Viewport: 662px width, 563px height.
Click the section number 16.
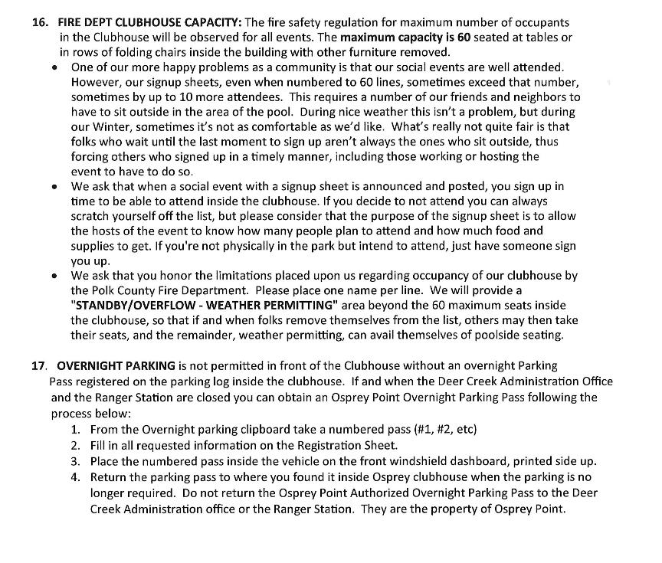(40, 22)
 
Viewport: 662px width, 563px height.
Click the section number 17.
(39, 365)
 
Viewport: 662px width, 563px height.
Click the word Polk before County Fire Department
(110, 290)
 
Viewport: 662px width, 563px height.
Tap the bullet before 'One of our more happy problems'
(54, 68)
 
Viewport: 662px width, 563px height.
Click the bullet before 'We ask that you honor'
(54, 276)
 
